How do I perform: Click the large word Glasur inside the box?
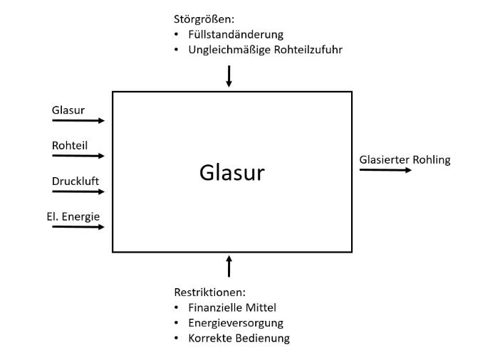pyautogui.click(x=231, y=171)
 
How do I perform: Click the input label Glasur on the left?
pyautogui.click(x=68, y=110)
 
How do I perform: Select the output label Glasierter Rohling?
pyautogui.click(x=405, y=159)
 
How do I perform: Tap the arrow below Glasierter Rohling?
pyautogui.click(x=385, y=171)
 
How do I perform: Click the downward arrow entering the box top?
pyautogui.click(x=229, y=76)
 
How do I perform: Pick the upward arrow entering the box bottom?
pyautogui.click(x=229, y=266)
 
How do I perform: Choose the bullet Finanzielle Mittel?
pyautogui.click(x=232, y=307)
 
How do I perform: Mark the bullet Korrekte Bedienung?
pyautogui.click(x=238, y=339)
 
